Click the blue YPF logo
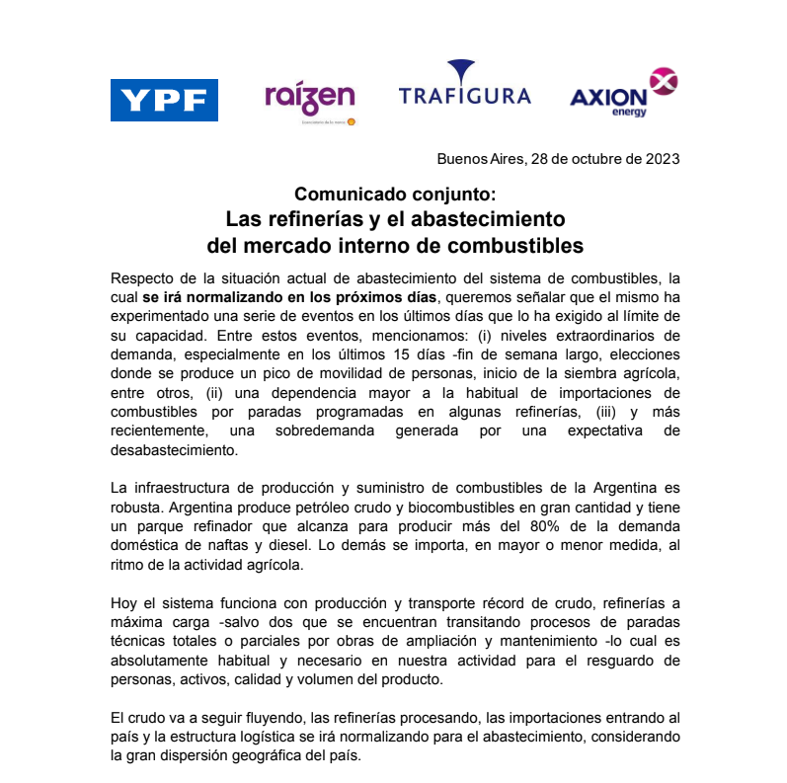click(x=164, y=100)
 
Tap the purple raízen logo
click(x=309, y=99)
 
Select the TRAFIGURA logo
click(x=464, y=88)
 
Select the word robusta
click(x=138, y=509)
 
